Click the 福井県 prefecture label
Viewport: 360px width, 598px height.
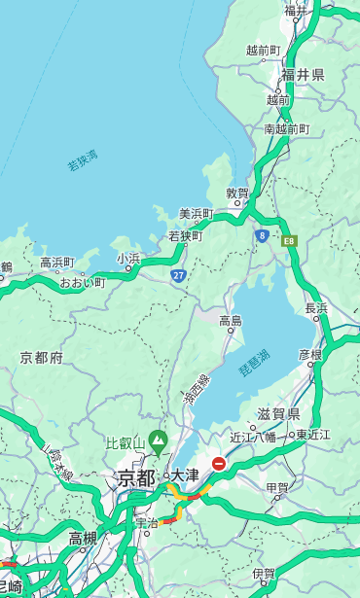point(303,75)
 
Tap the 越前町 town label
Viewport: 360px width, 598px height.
point(263,50)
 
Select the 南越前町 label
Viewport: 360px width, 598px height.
point(286,128)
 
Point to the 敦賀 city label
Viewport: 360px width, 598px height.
point(237,193)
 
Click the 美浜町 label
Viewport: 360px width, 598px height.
point(196,214)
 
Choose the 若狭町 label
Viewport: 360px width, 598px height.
point(185,235)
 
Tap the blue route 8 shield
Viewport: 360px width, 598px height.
point(262,234)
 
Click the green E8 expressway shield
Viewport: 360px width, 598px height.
point(289,239)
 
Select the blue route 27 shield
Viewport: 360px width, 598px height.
point(179,275)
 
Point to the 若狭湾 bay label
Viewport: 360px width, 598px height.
point(83,160)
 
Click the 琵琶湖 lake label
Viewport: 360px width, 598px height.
point(254,364)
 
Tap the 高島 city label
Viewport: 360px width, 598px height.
point(231,321)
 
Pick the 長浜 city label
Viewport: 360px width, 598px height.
point(317,308)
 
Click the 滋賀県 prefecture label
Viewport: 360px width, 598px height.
point(278,413)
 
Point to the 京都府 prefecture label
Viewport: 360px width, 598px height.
point(42,358)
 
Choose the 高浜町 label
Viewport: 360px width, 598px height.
point(56,263)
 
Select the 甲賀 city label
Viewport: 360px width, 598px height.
point(277,488)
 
